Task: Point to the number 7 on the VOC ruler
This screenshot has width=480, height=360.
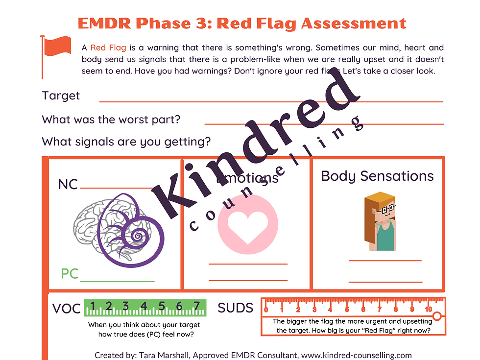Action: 197,306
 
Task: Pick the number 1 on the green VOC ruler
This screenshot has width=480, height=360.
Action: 91,306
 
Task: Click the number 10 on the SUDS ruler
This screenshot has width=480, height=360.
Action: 428,309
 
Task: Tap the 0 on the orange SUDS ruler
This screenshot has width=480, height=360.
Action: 266,309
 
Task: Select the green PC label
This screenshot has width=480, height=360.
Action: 70,274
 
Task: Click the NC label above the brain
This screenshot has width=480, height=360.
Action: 68,185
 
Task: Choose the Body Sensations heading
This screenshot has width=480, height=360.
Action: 377,176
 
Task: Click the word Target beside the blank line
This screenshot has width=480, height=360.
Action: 61,96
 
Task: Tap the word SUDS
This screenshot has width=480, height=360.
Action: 236,308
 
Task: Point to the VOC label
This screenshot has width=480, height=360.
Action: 67,308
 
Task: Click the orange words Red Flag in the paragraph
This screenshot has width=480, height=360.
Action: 108,48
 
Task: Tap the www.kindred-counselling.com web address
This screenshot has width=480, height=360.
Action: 357,355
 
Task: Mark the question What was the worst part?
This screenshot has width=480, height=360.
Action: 111,120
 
